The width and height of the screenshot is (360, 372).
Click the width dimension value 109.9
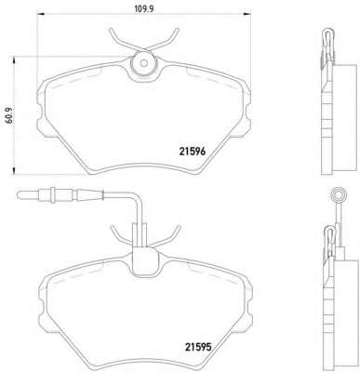[144, 8]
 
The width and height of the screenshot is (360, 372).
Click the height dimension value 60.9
[9, 115]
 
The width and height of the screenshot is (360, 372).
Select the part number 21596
[193, 152]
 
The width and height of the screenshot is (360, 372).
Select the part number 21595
[198, 347]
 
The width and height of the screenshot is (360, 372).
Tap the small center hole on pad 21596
[143, 63]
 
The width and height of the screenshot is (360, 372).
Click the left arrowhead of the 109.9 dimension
[41, 14]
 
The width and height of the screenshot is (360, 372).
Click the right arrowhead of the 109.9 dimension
[247, 14]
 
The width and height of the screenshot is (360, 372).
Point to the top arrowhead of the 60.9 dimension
[14, 60]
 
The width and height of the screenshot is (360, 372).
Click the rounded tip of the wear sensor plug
[20, 195]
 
